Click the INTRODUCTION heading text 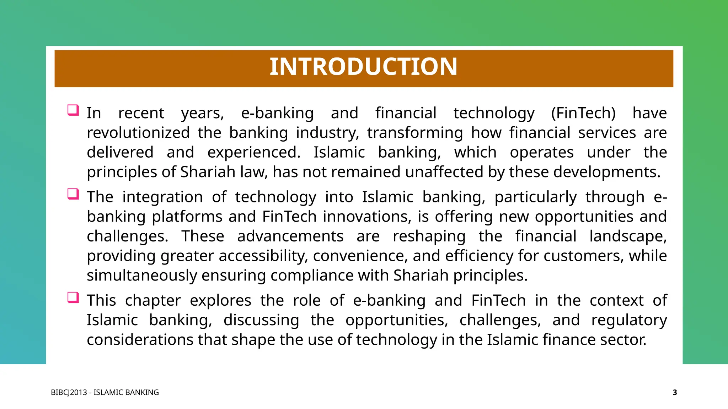tap(363, 67)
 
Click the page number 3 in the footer tap(675, 392)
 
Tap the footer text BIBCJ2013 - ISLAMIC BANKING tap(105, 392)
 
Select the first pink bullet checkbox tap(73, 110)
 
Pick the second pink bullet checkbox tap(73, 194)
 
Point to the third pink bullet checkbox tap(73, 298)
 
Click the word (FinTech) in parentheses tap(583, 113)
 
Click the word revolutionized tap(138, 133)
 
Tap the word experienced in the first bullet tap(253, 153)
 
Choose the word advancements tap(290, 236)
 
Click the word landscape tap(627, 236)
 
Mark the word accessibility tap(263, 256)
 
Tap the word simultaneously tap(142, 276)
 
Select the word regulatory tap(629, 320)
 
